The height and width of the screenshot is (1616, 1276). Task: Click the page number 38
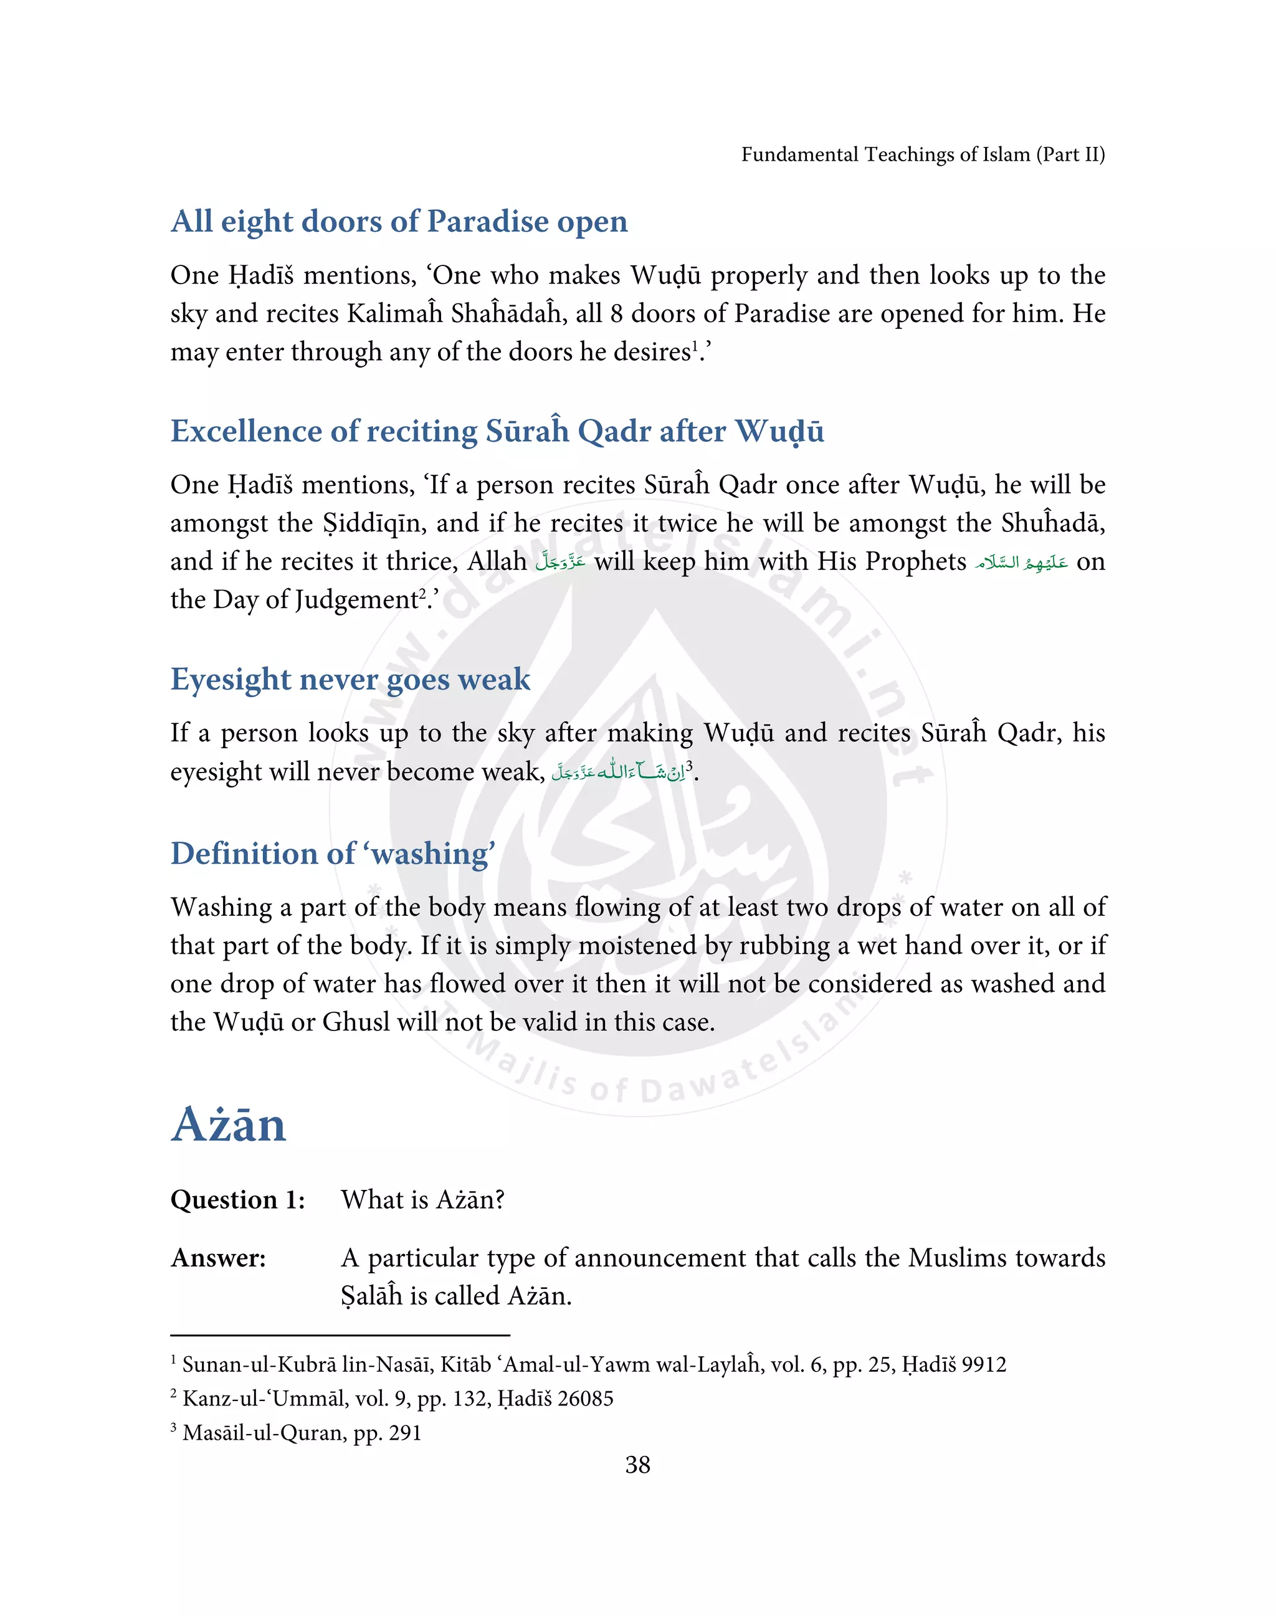pos(637,1465)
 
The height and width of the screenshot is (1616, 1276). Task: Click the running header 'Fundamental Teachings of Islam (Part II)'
pos(923,154)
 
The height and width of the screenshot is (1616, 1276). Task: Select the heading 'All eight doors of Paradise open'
pos(399,222)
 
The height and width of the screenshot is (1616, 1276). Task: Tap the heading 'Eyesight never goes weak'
pos(350,680)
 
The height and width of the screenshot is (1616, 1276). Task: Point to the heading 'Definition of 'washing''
pos(333,854)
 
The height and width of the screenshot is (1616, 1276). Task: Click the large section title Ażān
pos(229,1125)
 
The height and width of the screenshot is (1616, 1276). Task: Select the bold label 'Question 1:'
pos(237,1200)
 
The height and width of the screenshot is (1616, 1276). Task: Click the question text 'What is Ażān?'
pos(423,1200)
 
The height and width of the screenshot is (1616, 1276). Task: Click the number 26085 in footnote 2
pos(585,1399)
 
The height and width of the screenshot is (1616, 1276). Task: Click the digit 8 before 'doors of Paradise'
pos(616,314)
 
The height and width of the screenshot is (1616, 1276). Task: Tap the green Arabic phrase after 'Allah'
pos(560,562)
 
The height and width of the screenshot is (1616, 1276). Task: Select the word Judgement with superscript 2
pos(356,600)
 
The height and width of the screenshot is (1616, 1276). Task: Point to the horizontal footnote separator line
pos(340,1335)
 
